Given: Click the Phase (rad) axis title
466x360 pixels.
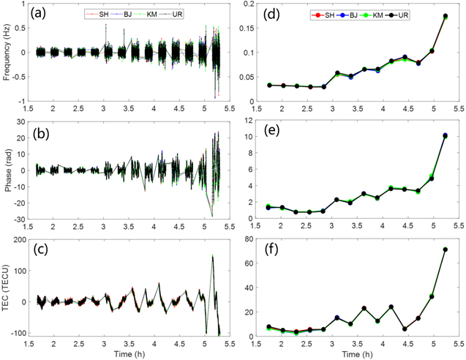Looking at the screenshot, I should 8,170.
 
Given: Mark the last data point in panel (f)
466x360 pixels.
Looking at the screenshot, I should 445,250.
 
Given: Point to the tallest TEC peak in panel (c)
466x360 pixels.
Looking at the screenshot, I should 212,256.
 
